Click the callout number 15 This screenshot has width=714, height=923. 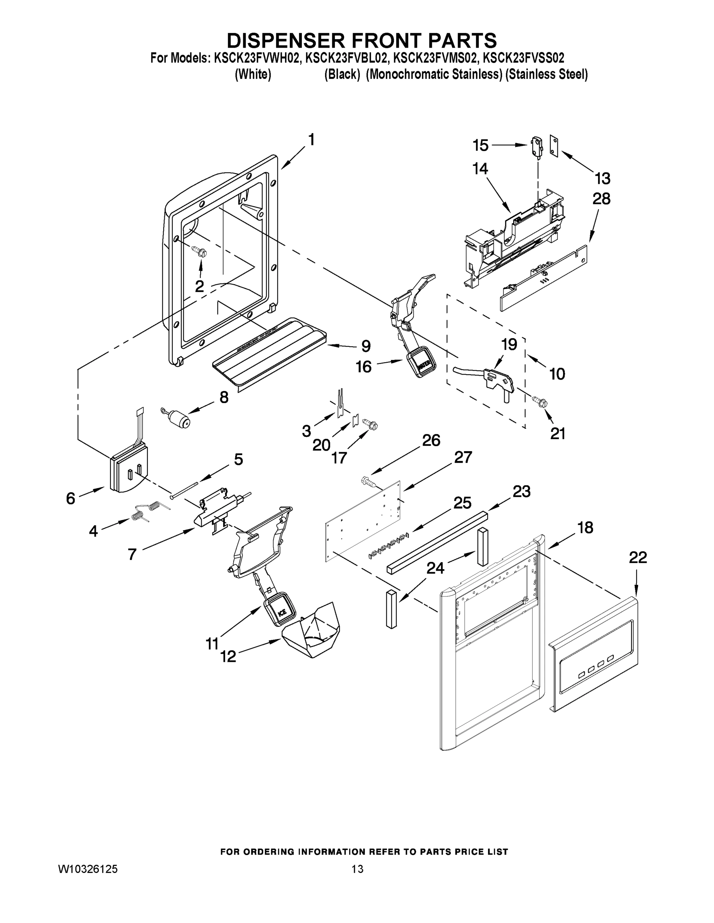click(480, 145)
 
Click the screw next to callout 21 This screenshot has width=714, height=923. click(540, 401)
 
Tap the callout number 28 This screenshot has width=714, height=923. click(602, 198)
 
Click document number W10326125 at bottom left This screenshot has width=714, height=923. click(87, 869)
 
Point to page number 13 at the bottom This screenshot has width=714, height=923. click(357, 869)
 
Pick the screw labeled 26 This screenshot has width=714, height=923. click(368, 481)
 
